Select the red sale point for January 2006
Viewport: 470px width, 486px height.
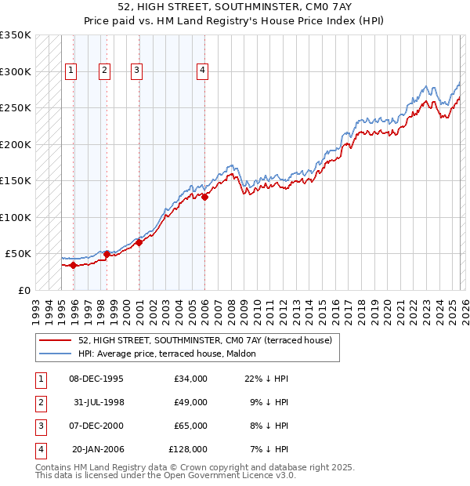[204, 198]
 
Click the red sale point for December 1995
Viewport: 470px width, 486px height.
[74, 265]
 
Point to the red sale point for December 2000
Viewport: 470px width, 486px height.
[139, 243]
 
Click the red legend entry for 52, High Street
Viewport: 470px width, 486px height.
[205, 340]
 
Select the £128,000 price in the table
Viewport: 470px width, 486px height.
[188, 449]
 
